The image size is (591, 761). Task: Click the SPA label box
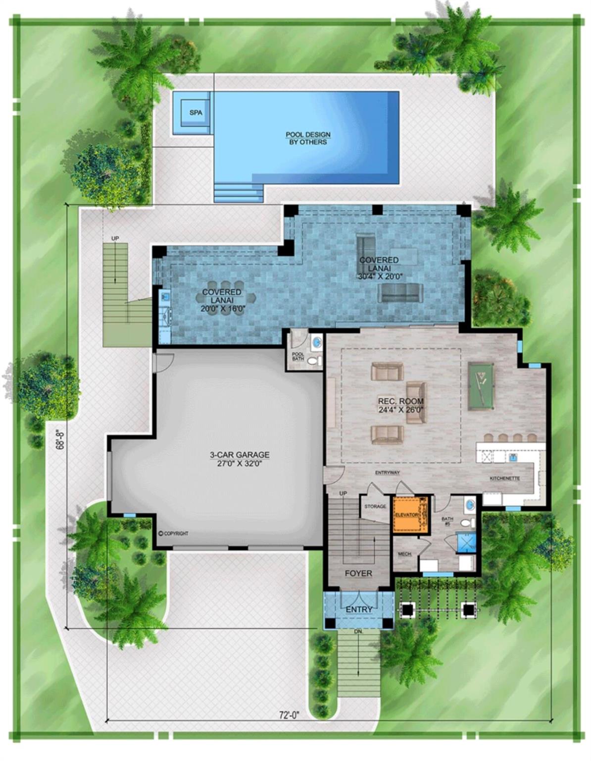click(196, 113)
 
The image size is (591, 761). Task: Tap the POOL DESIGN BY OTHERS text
click(308, 138)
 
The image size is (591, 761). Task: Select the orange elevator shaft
click(410, 514)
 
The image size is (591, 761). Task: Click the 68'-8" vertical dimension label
click(60, 439)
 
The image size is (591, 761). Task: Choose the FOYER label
click(358, 573)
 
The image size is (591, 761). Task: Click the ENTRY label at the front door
click(359, 609)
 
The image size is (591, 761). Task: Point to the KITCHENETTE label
click(504, 479)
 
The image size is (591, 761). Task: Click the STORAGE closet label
click(375, 506)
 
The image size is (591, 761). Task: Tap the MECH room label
click(404, 553)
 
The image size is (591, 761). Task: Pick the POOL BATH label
click(297, 356)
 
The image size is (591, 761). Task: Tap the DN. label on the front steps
click(358, 632)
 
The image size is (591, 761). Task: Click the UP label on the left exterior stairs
click(115, 239)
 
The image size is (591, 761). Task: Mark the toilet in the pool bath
click(312, 361)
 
